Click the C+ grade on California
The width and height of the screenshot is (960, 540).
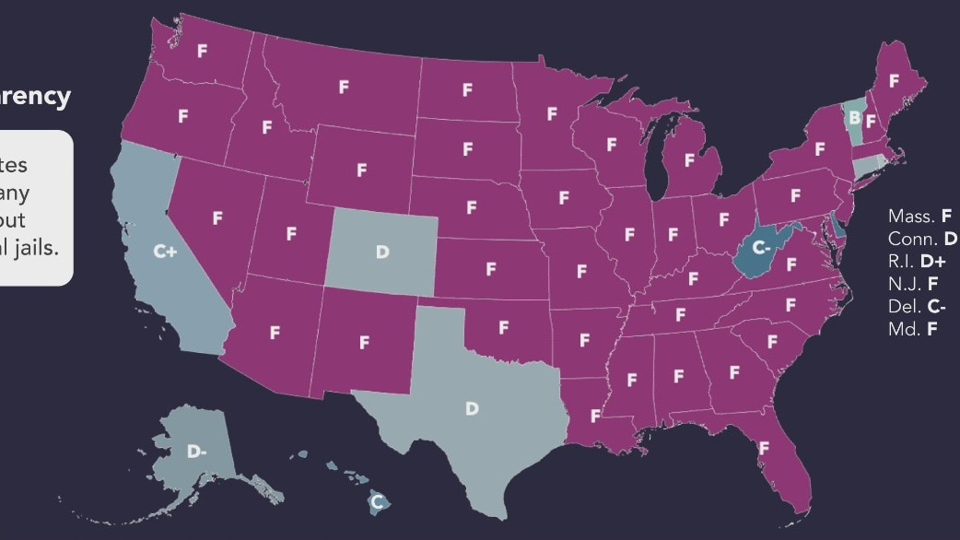[165, 251]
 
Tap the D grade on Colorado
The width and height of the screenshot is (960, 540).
[382, 251]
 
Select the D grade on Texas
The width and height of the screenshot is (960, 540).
[472, 408]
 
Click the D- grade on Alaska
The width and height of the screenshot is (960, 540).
[196, 452]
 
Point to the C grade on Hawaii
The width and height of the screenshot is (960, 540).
[376, 502]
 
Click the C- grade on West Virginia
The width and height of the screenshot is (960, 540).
[761, 247]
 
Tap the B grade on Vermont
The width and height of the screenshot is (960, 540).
[854, 118]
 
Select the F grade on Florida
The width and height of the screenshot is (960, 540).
[764, 448]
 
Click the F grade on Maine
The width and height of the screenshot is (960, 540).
[894, 81]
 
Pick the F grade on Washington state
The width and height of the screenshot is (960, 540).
[202, 52]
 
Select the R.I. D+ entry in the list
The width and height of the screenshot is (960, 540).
[918, 261]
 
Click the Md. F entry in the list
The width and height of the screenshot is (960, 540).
[912, 328]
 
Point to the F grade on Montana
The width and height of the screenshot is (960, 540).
[344, 87]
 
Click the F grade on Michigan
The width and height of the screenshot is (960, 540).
[689, 160]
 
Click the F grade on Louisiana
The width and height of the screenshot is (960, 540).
[594, 416]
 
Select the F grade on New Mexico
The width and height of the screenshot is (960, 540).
[365, 342]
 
